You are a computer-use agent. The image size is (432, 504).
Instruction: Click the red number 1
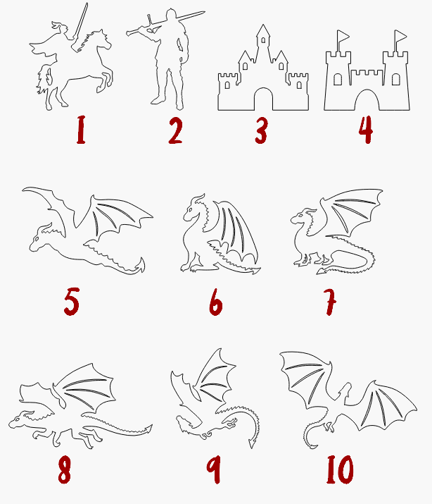click(x=81, y=130)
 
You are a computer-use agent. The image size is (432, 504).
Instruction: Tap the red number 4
click(x=366, y=130)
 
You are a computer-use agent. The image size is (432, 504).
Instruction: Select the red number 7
click(x=330, y=302)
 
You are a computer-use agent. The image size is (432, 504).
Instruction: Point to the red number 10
click(x=340, y=469)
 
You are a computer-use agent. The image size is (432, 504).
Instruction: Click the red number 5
click(x=72, y=302)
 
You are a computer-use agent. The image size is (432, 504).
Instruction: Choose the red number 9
click(x=214, y=469)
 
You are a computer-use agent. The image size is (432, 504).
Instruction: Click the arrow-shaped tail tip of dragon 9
click(x=253, y=443)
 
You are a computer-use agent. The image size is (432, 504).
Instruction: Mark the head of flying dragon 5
click(x=41, y=238)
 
